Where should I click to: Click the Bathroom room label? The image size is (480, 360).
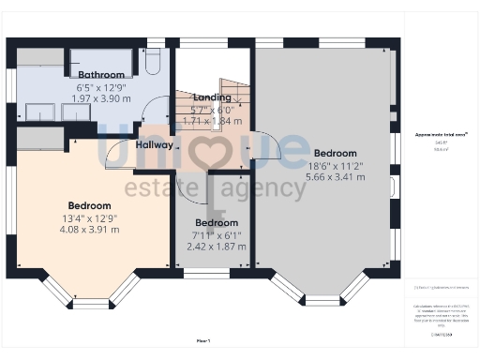click(101, 75)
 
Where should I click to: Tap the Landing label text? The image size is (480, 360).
click(212, 97)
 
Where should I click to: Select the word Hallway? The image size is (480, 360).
click(154, 145)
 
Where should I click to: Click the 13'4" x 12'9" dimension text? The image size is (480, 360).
click(89, 217)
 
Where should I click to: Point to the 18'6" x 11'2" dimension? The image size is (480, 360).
click(335, 164)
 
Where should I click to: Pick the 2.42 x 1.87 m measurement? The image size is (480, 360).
click(217, 247)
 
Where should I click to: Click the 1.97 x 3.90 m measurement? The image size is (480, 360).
click(101, 98)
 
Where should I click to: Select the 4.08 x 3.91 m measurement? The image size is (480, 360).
click(89, 229)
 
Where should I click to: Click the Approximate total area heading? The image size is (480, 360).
click(441, 135)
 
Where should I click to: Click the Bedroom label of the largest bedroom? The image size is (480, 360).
click(335, 153)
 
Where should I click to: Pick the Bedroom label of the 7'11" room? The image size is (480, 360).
click(217, 223)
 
